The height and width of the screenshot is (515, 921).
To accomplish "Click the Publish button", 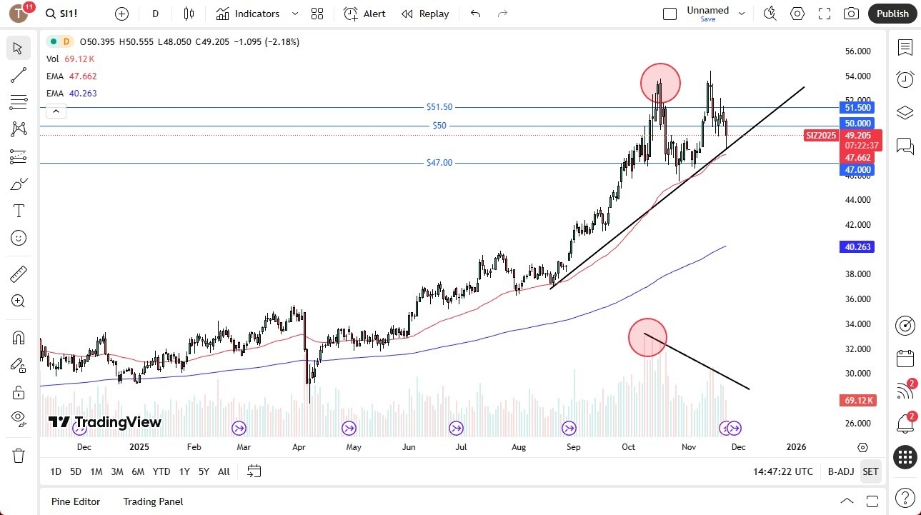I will (x=892, y=14).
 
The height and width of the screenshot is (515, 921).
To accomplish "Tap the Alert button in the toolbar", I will (x=364, y=14).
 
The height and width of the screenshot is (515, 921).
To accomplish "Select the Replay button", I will (x=425, y=14).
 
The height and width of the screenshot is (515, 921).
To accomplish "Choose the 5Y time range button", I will (x=204, y=471).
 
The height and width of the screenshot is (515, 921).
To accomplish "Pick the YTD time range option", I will (x=161, y=471).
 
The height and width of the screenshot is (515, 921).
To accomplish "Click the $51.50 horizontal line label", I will (x=439, y=107).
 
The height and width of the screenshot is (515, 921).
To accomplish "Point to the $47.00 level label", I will (x=439, y=163).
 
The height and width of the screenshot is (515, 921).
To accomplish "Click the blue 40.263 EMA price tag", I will (x=857, y=247).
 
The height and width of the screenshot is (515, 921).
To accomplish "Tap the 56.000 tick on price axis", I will (x=857, y=51).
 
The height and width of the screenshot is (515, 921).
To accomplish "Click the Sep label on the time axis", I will (x=573, y=447).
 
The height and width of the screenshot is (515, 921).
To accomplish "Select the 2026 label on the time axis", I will (x=796, y=447).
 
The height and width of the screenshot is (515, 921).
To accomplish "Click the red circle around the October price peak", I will (x=660, y=82).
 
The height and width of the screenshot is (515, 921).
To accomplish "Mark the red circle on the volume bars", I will (x=647, y=338).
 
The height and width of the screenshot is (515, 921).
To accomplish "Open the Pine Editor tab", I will (x=76, y=501).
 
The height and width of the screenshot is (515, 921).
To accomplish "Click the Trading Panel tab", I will (x=153, y=501).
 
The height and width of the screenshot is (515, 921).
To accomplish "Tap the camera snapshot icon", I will (x=851, y=14).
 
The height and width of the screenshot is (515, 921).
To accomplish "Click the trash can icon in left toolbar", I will (x=19, y=456).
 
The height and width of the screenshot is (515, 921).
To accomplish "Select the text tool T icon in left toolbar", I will (x=19, y=211).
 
